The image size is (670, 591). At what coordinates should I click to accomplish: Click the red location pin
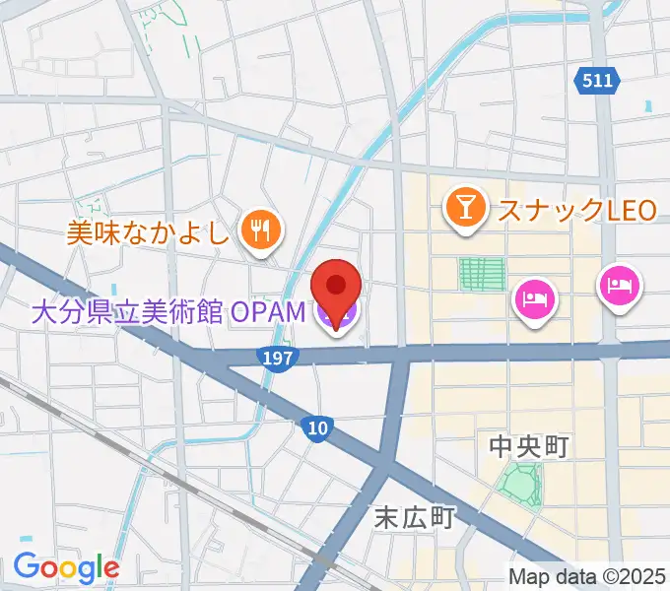(x=335, y=287)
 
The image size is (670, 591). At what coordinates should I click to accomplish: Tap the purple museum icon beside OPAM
(x=336, y=315)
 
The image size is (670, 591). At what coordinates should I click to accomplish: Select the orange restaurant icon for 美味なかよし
(x=262, y=230)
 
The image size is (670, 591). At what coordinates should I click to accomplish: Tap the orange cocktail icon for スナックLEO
(x=463, y=208)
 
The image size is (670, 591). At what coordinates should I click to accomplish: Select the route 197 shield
(x=279, y=359)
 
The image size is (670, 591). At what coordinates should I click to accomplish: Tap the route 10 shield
(x=315, y=427)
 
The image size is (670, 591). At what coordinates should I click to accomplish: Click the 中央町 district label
(x=529, y=447)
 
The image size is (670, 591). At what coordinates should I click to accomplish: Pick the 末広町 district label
(x=414, y=516)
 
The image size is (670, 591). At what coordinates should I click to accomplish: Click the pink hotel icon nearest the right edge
(x=620, y=287)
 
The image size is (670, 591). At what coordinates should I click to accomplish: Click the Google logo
(x=66, y=567)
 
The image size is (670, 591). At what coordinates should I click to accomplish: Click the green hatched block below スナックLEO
(x=483, y=274)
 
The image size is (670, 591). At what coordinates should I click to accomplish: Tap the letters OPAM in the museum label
(x=269, y=314)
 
